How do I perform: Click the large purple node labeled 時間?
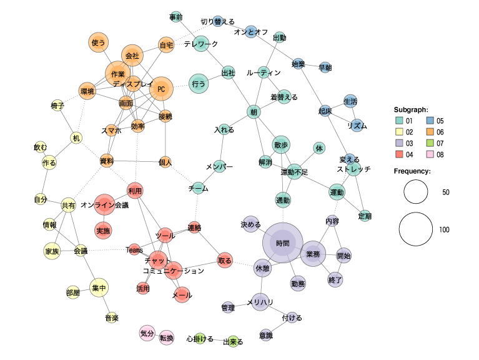tap(282, 243)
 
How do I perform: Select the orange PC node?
tap(161, 89)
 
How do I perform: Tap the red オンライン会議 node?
tap(106, 204)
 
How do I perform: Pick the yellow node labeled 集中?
tap(99, 288)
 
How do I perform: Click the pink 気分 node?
tap(147, 333)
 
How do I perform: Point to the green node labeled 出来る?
tap(233, 341)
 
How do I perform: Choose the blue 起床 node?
tap(325, 111)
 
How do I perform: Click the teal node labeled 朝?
tap(254, 112)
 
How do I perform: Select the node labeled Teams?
tap(134, 249)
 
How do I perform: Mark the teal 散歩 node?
tap(281, 145)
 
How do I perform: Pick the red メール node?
tap(182, 294)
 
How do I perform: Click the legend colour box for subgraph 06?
tap(431, 132)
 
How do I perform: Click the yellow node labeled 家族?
tap(52, 251)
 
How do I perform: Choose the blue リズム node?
tap(357, 125)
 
